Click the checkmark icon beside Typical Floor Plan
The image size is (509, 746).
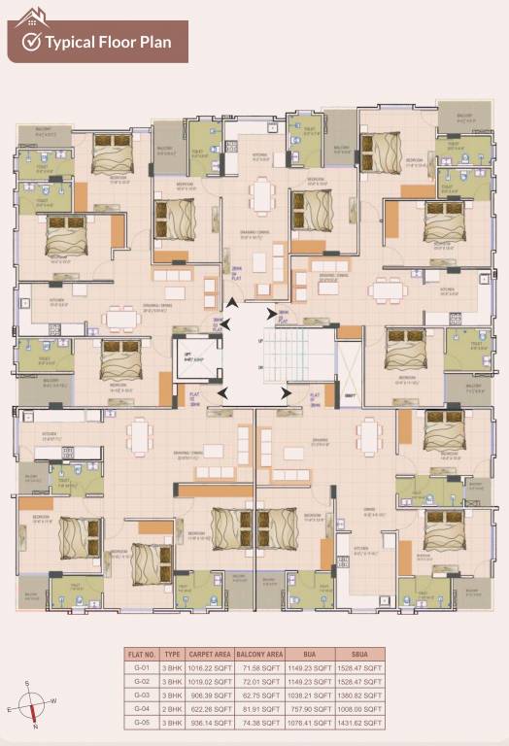31,41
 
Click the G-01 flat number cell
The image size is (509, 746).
141,669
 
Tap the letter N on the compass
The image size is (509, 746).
35,726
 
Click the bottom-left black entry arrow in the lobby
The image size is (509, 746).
223,392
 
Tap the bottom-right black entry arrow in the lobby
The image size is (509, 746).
287,392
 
